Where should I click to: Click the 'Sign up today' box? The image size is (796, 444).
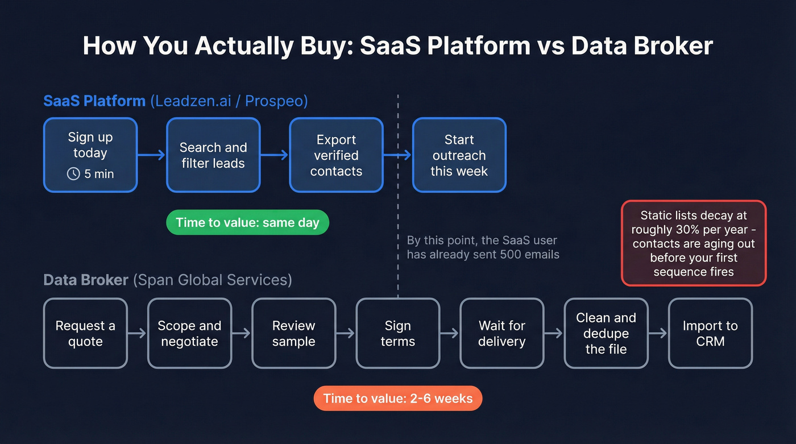[x=90, y=155]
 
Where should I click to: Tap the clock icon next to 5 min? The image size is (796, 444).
[x=73, y=174]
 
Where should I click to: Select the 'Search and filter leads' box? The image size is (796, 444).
[x=213, y=155]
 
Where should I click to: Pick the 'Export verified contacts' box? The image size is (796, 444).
[x=336, y=155]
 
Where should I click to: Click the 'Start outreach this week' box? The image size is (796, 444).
[x=459, y=155]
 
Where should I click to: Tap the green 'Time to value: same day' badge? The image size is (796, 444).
[x=247, y=223]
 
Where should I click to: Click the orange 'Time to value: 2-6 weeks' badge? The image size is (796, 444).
[x=397, y=399]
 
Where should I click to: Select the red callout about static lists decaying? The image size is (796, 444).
[x=693, y=243]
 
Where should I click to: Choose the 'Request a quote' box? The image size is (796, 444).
[x=85, y=334]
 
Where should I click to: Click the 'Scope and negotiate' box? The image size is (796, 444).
[x=189, y=334]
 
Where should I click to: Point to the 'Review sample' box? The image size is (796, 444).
[x=293, y=334]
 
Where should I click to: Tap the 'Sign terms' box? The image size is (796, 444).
[x=397, y=334]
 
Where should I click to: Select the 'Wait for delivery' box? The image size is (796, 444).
[x=501, y=334]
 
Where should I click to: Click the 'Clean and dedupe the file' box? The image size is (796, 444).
[x=606, y=334]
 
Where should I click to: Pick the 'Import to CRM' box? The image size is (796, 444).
[x=710, y=334]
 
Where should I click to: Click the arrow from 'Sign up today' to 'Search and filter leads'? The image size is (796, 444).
[x=151, y=155]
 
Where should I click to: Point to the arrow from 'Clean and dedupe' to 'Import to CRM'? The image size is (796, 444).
[x=658, y=334]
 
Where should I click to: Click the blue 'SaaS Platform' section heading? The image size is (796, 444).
[x=94, y=101]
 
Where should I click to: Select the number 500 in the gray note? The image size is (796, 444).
[x=510, y=254]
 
